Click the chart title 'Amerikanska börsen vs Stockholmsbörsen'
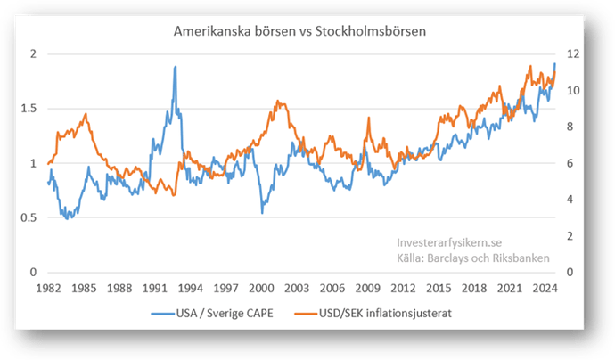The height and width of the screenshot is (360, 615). click(x=300, y=30)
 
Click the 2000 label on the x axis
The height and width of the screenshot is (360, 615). click(x=261, y=289)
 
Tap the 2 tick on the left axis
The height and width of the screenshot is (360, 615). click(x=34, y=54)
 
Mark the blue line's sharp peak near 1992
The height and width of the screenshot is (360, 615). click(x=175, y=67)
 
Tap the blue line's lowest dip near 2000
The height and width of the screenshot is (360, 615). click(x=262, y=212)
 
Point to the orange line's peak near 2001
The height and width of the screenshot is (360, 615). click(x=279, y=102)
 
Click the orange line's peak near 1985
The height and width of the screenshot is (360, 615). click(x=86, y=114)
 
